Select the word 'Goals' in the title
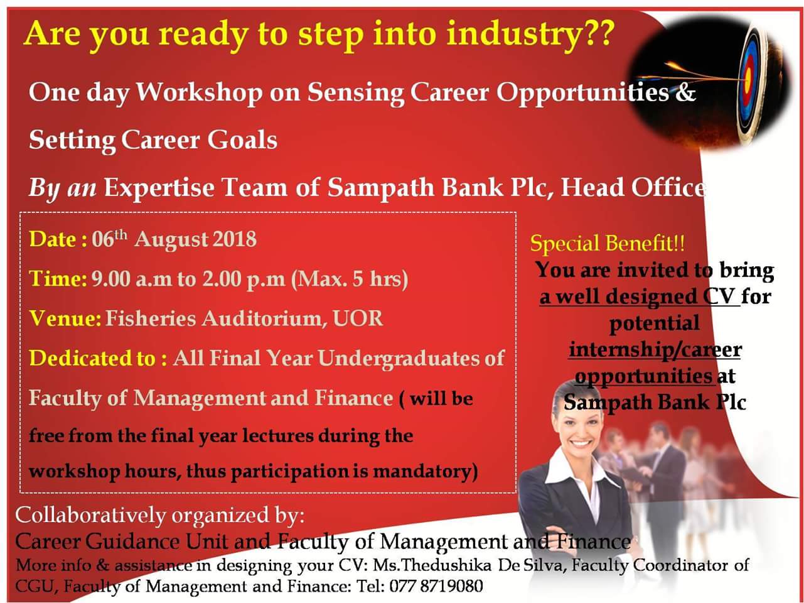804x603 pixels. pos(242,141)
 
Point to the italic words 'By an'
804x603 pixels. pos(63,188)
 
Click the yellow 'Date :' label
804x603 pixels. pos(58,239)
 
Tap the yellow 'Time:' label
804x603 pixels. pos(58,279)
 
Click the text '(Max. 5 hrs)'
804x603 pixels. pos(350,280)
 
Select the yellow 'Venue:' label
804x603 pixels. pos(65,318)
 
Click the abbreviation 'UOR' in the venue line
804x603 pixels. pos(358,318)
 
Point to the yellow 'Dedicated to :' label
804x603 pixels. pos(98,358)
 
